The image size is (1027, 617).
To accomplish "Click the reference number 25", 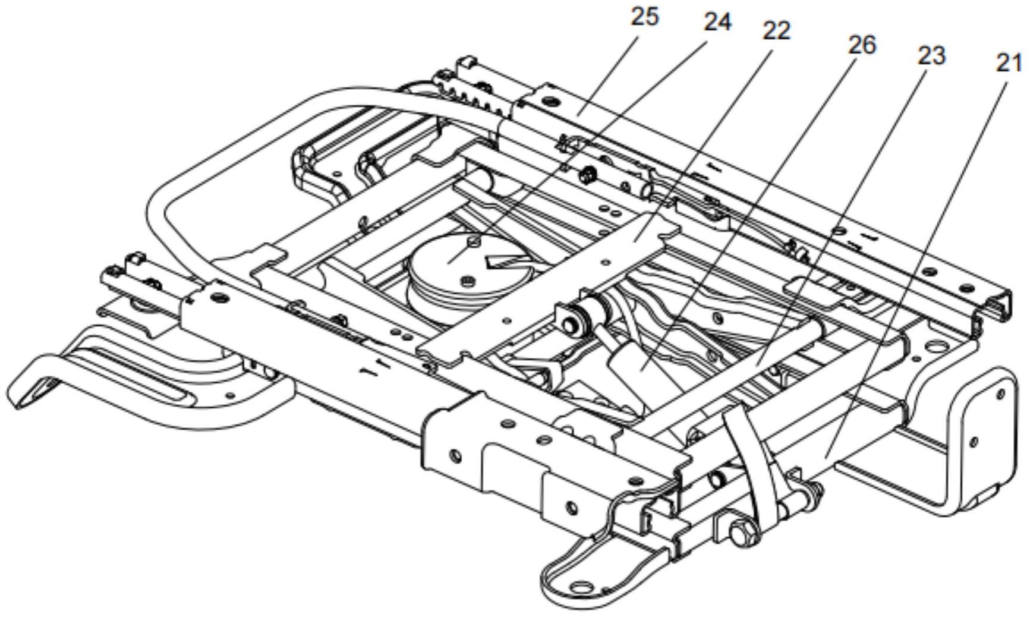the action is tap(644, 16).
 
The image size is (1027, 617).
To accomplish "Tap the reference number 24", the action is tap(717, 22).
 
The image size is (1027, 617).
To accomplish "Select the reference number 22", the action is tap(776, 31).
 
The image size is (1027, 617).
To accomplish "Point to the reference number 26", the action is tap(862, 45).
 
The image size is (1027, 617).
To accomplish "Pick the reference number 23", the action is tap(931, 56).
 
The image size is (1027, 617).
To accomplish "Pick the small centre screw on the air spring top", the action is tap(473, 241).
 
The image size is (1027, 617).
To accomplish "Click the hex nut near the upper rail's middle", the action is tap(588, 174).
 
